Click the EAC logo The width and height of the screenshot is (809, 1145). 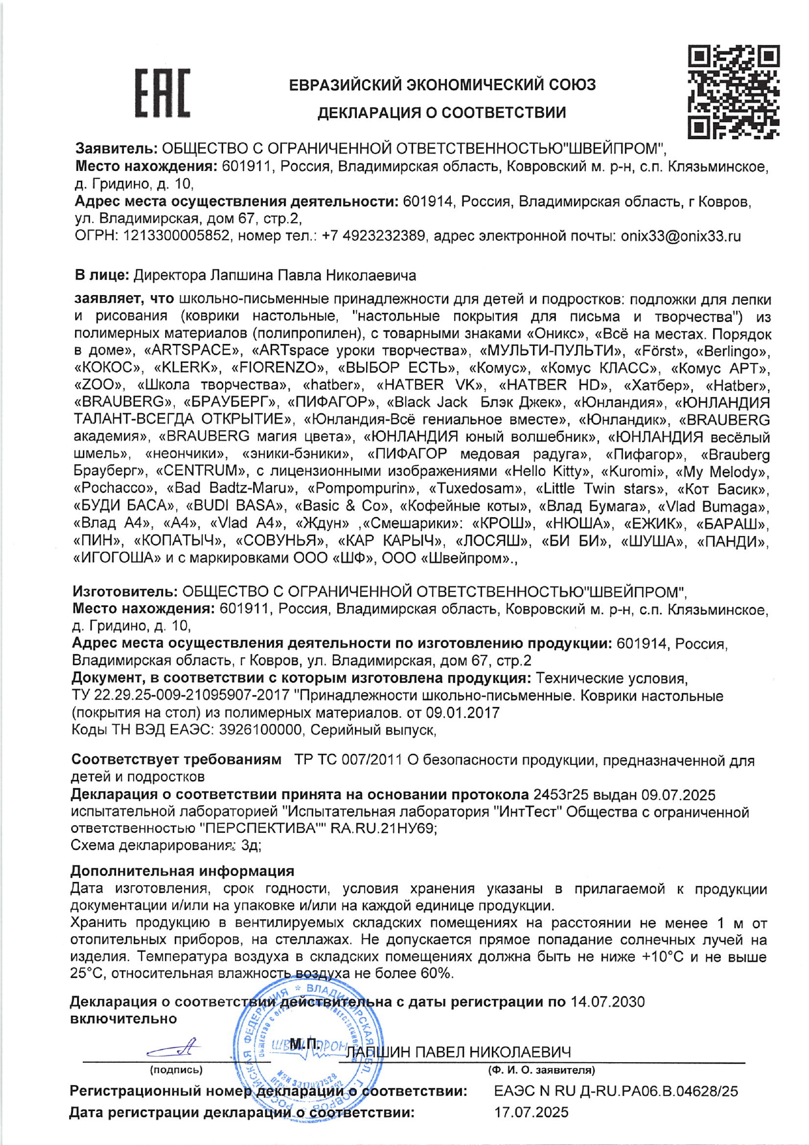162,93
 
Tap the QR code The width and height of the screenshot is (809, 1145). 734,92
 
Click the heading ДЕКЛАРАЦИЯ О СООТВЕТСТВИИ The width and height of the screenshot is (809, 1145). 442,113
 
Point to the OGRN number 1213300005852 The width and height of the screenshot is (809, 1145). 176,236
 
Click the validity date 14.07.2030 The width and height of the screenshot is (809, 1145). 607,1002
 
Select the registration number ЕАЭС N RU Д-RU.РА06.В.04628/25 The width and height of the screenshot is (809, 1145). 617,1091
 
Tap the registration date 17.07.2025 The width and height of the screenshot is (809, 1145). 531,1112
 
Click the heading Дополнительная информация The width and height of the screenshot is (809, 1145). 182,871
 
